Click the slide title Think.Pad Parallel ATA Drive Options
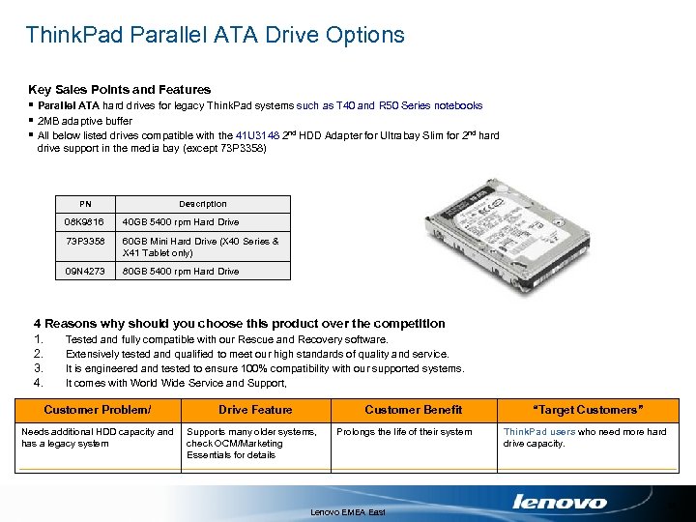[x=215, y=36]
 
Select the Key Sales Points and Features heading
[x=119, y=89]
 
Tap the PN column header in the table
[x=85, y=204]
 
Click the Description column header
[x=203, y=204]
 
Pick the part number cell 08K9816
[x=85, y=222]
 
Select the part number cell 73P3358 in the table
[x=85, y=242]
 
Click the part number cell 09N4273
[x=85, y=272]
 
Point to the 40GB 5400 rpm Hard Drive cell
[x=181, y=222]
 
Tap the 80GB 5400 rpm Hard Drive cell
[x=181, y=272]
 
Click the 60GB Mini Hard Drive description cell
[x=201, y=247]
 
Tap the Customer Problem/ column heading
[x=98, y=410]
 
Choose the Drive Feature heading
[x=255, y=410]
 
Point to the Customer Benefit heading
[x=413, y=410]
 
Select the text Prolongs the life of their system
[x=404, y=432]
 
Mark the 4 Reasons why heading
[x=240, y=324]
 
